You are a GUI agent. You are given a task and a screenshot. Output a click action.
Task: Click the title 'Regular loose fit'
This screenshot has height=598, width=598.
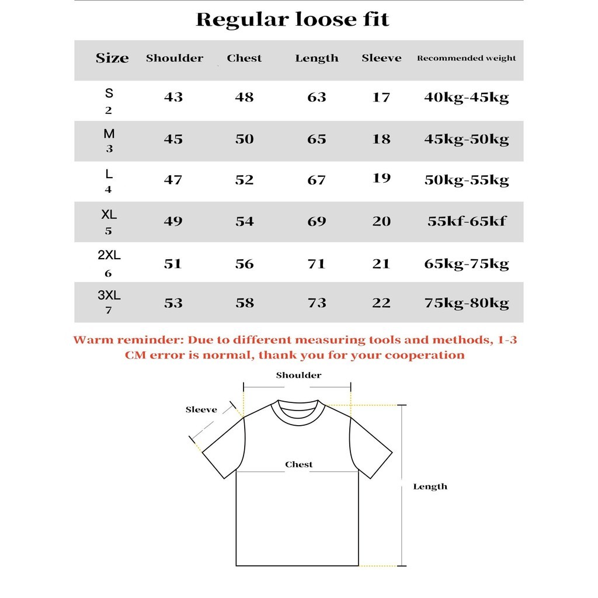coord(292,20)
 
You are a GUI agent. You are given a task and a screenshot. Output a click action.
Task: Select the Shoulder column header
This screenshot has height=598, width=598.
coord(175,58)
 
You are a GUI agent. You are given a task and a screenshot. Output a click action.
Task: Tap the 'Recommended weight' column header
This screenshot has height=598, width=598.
coord(466,58)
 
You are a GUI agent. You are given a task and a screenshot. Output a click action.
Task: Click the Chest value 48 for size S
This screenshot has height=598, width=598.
coord(244,97)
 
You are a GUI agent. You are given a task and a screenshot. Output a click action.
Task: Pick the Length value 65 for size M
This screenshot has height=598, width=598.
coord(317,139)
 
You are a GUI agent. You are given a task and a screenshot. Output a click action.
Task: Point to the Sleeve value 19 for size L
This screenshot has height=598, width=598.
coord(381,178)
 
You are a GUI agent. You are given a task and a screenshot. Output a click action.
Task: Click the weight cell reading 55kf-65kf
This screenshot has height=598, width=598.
coord(466,221)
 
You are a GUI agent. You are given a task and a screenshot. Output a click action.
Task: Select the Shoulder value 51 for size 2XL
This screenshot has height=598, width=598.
coord(173,264)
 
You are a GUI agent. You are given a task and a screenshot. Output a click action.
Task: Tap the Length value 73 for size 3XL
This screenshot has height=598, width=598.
coord(317,303)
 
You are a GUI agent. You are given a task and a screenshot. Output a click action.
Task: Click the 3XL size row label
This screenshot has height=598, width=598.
coord(109,295)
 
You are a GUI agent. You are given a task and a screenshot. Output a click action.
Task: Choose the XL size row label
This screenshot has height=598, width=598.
coord(109,214)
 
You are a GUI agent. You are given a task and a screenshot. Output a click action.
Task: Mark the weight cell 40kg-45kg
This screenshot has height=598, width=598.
coord(466,97)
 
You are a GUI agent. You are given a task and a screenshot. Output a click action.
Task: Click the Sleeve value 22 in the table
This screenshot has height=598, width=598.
coord(381,303)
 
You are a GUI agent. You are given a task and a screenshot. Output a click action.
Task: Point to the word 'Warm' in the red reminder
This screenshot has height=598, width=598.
coord(89,340)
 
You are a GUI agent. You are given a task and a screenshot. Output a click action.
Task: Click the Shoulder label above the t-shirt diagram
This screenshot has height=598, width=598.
coord(298,376)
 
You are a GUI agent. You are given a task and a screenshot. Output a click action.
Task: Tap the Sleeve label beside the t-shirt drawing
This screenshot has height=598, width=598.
coord(201,410)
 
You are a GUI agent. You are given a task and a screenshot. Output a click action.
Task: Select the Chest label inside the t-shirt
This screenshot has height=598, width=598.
coord(298,465)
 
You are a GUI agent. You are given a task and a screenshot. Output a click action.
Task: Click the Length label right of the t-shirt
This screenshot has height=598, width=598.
coord(430,486)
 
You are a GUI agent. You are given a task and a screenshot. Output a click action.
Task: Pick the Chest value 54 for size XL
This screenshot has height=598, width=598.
coord(244,221)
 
